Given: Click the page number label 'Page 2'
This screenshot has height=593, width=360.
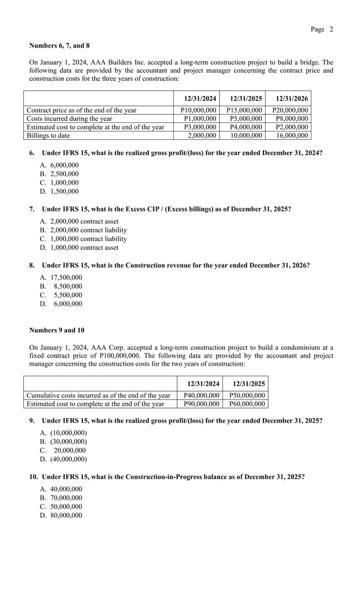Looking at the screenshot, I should click(322, 29).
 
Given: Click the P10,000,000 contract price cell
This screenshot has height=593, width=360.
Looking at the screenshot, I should click(198, 111).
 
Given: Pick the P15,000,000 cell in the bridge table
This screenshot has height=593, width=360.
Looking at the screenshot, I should click(244, 111).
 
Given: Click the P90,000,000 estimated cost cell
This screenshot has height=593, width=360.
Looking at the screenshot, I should click(201, 404).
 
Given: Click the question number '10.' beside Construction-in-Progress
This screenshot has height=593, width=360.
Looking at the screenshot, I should click(34, 477).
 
